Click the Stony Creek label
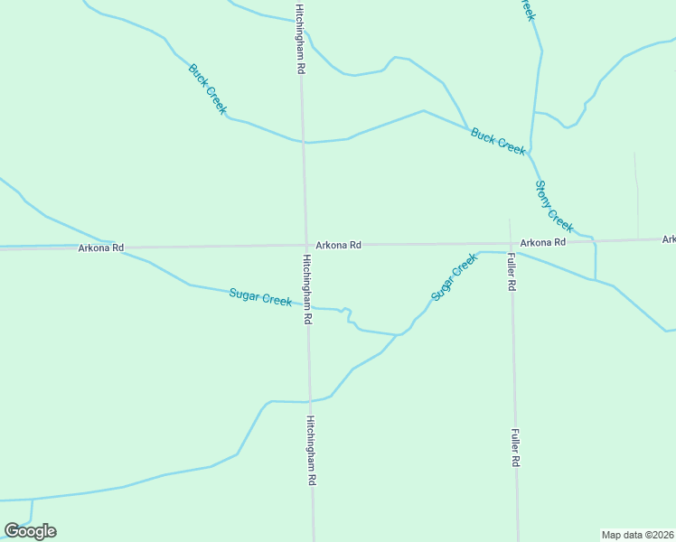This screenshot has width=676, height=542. click(x=554, y=205)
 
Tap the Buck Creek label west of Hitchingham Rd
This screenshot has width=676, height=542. click(x=207, y=89)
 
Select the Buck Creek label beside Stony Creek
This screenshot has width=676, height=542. click(x=497, y=141)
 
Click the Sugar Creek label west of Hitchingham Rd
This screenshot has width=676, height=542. click(x=260, y=296)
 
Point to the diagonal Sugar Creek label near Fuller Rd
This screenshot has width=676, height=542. click(x=454, y=276)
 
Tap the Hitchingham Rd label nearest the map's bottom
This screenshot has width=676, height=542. click(x=310, y=452)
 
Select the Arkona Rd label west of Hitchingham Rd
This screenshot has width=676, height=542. click(x=100, y=248)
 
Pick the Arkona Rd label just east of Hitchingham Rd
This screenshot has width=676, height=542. click(x=339, y=245)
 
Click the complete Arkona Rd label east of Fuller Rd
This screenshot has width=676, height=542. click(x=542, y=242)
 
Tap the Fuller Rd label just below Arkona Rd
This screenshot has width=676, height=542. click(x=511, y=271)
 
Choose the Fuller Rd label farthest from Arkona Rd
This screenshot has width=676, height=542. click(x=515, y=447)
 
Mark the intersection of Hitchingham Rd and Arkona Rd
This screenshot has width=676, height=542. click(x=305, y=245)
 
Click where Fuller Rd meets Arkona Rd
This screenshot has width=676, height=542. click(x=510, y=243)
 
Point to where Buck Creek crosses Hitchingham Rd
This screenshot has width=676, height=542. click(x=303, y=142)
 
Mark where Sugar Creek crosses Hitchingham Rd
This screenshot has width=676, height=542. click(x=307, y=308)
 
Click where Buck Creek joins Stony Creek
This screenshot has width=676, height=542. click(x=530, y=151)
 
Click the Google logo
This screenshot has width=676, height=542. click(x=30, y=530)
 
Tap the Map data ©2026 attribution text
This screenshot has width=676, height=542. click(x=638, y=535)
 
